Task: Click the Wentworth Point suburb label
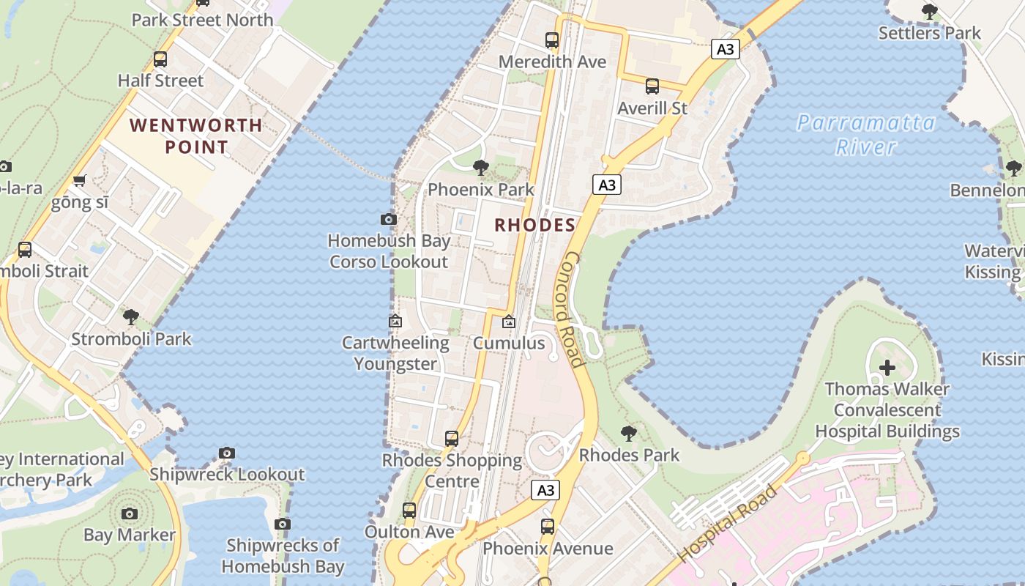[x=195, y=136]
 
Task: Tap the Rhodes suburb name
[x=534, y=225]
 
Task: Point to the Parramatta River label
[x=866, y=134]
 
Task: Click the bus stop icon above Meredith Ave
[x=552, y=40]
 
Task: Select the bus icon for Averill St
[x=652, y=86]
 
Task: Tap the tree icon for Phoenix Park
[x=481, y=168]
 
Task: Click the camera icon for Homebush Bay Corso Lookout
[x=389, y=219]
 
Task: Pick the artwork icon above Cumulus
[x=509, y=322]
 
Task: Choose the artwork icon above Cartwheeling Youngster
[x=395, y=321]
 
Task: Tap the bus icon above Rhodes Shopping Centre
[x=452, y=439]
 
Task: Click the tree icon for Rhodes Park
[x=628, y=433]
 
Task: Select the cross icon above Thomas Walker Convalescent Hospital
[x=887, y=367]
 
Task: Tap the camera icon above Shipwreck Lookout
[x=227, y=453]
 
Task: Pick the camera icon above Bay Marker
[x=130, y=513]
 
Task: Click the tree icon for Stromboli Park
[x=131, y=317]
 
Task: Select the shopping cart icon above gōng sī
[x=80, y=180]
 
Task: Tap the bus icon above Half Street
[x=160, y=59]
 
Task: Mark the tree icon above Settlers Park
[x=930, y=12]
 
